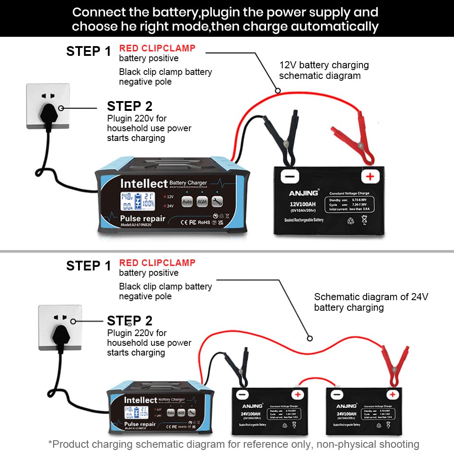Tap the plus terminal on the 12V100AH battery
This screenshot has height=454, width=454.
(370, 177)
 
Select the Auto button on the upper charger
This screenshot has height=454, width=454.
(187, 202)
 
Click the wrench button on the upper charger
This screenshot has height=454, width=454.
(217, 202)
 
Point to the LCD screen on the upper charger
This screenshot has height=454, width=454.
(138, 201)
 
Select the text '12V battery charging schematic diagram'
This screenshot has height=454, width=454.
(324, 70)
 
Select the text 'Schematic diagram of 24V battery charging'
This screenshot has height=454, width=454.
(371, 302)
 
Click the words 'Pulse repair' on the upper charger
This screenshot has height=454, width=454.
(142, 219)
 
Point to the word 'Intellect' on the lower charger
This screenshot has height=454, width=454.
(140, 400)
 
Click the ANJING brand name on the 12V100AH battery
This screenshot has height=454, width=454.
(304, 193)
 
